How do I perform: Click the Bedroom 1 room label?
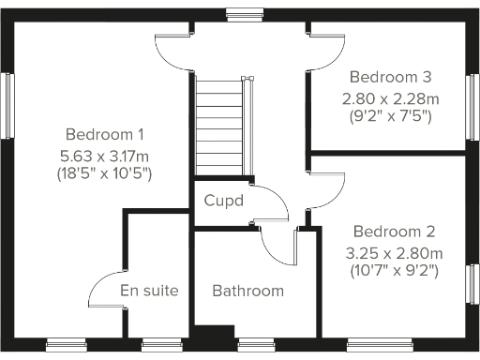pyautogui.click(x=104, y=133)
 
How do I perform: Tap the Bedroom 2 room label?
pyautogui.click(x=394, y=232)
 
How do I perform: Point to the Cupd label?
pyautogui.click(x=224, y=201)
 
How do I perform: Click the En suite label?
pyautogui.click(x=149, y=291)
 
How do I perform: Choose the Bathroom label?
pyautogui.click(x=247, y=291)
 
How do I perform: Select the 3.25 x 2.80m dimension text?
pyautogui.click(x=394, y=252)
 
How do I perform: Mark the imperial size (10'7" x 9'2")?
pyautogui.click(x=394, y=271)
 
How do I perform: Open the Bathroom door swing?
pyautogui.click(x=278, y=246)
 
